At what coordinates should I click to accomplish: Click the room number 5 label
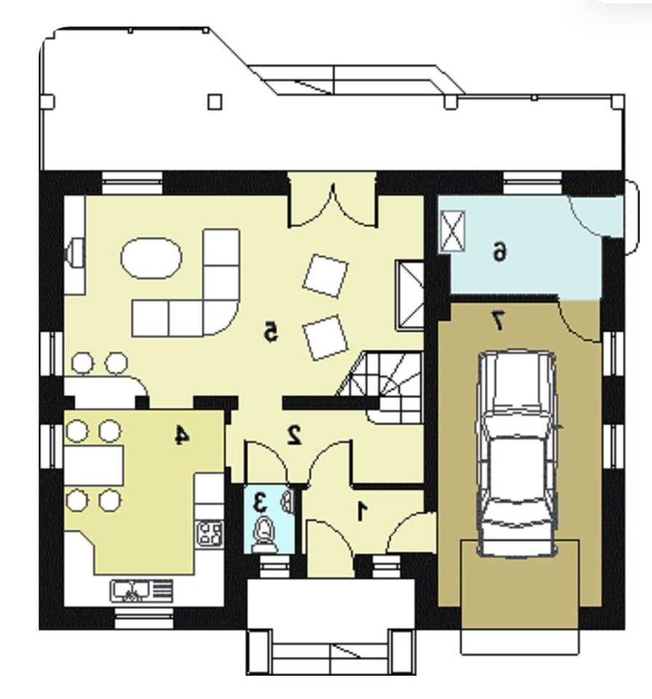tap(270, 331)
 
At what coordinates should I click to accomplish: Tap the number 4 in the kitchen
tap(181, 435)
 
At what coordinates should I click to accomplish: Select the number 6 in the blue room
tap(500, 252)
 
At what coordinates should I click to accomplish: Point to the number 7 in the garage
tap(498, 320)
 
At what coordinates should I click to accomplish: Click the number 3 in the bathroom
tap(260, 503)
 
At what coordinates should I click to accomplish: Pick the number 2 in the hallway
tap(294, 435)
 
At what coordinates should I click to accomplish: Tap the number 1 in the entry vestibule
tap(362, 511)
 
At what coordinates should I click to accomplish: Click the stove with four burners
tap(210, 533)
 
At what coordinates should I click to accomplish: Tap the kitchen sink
tap(141, 591)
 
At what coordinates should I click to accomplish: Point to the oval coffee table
tap(151, 258)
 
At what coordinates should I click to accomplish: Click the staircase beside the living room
tap(384, 387)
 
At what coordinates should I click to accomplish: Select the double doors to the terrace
tap(333, 208)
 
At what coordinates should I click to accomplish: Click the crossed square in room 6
tap(453, 232)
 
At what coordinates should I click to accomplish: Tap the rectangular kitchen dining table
tap(94, 465)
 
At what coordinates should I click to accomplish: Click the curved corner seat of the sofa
tap(222, 318)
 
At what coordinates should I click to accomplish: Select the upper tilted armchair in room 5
tap(325, 275)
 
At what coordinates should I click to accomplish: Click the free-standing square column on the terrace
tap(215, 102)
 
